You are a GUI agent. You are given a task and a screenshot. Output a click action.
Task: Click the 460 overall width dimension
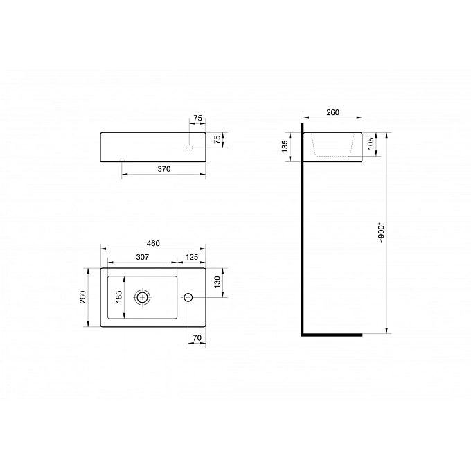153,243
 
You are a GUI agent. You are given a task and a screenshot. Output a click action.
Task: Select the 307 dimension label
143,257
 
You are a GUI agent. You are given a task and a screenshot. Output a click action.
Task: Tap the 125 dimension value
192,257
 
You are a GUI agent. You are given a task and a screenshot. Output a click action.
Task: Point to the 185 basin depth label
118,296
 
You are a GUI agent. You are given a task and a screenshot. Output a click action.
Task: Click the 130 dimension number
217,282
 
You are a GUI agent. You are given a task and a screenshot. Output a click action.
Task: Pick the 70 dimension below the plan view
197,338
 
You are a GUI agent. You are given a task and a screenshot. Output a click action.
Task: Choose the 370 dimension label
164,169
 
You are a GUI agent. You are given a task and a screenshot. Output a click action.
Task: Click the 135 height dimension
285,146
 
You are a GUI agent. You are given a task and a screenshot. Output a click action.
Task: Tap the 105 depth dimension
371,143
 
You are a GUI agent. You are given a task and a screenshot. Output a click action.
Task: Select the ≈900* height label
381,233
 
